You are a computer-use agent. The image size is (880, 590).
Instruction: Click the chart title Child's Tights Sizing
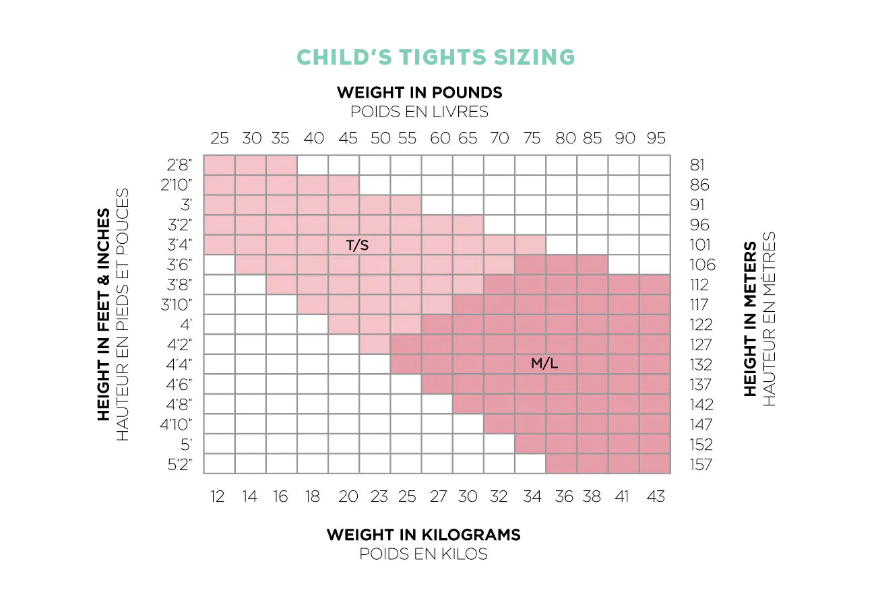436,57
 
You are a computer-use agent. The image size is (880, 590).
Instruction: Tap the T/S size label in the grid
357,246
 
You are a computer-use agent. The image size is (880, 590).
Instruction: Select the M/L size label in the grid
544,364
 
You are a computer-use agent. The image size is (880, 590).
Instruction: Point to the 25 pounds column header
220,139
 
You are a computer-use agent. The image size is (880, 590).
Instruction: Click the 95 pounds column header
656,139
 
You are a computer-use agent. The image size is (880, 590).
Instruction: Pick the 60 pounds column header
440,139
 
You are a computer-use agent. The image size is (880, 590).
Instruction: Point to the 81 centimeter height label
697,165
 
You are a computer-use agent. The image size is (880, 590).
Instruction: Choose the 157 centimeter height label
701,465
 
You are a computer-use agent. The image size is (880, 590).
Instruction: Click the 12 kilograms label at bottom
217,497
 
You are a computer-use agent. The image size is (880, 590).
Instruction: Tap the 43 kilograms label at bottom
655,497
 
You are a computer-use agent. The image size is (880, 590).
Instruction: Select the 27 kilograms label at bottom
438,497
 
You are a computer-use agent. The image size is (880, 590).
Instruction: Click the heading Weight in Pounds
419,92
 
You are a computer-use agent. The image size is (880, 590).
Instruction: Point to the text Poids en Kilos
423,554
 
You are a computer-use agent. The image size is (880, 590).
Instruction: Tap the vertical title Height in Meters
750,319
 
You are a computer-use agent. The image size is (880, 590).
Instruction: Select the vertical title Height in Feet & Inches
103,315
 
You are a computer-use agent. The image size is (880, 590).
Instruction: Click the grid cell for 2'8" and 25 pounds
220,165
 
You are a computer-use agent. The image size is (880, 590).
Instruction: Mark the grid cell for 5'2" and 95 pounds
654,464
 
